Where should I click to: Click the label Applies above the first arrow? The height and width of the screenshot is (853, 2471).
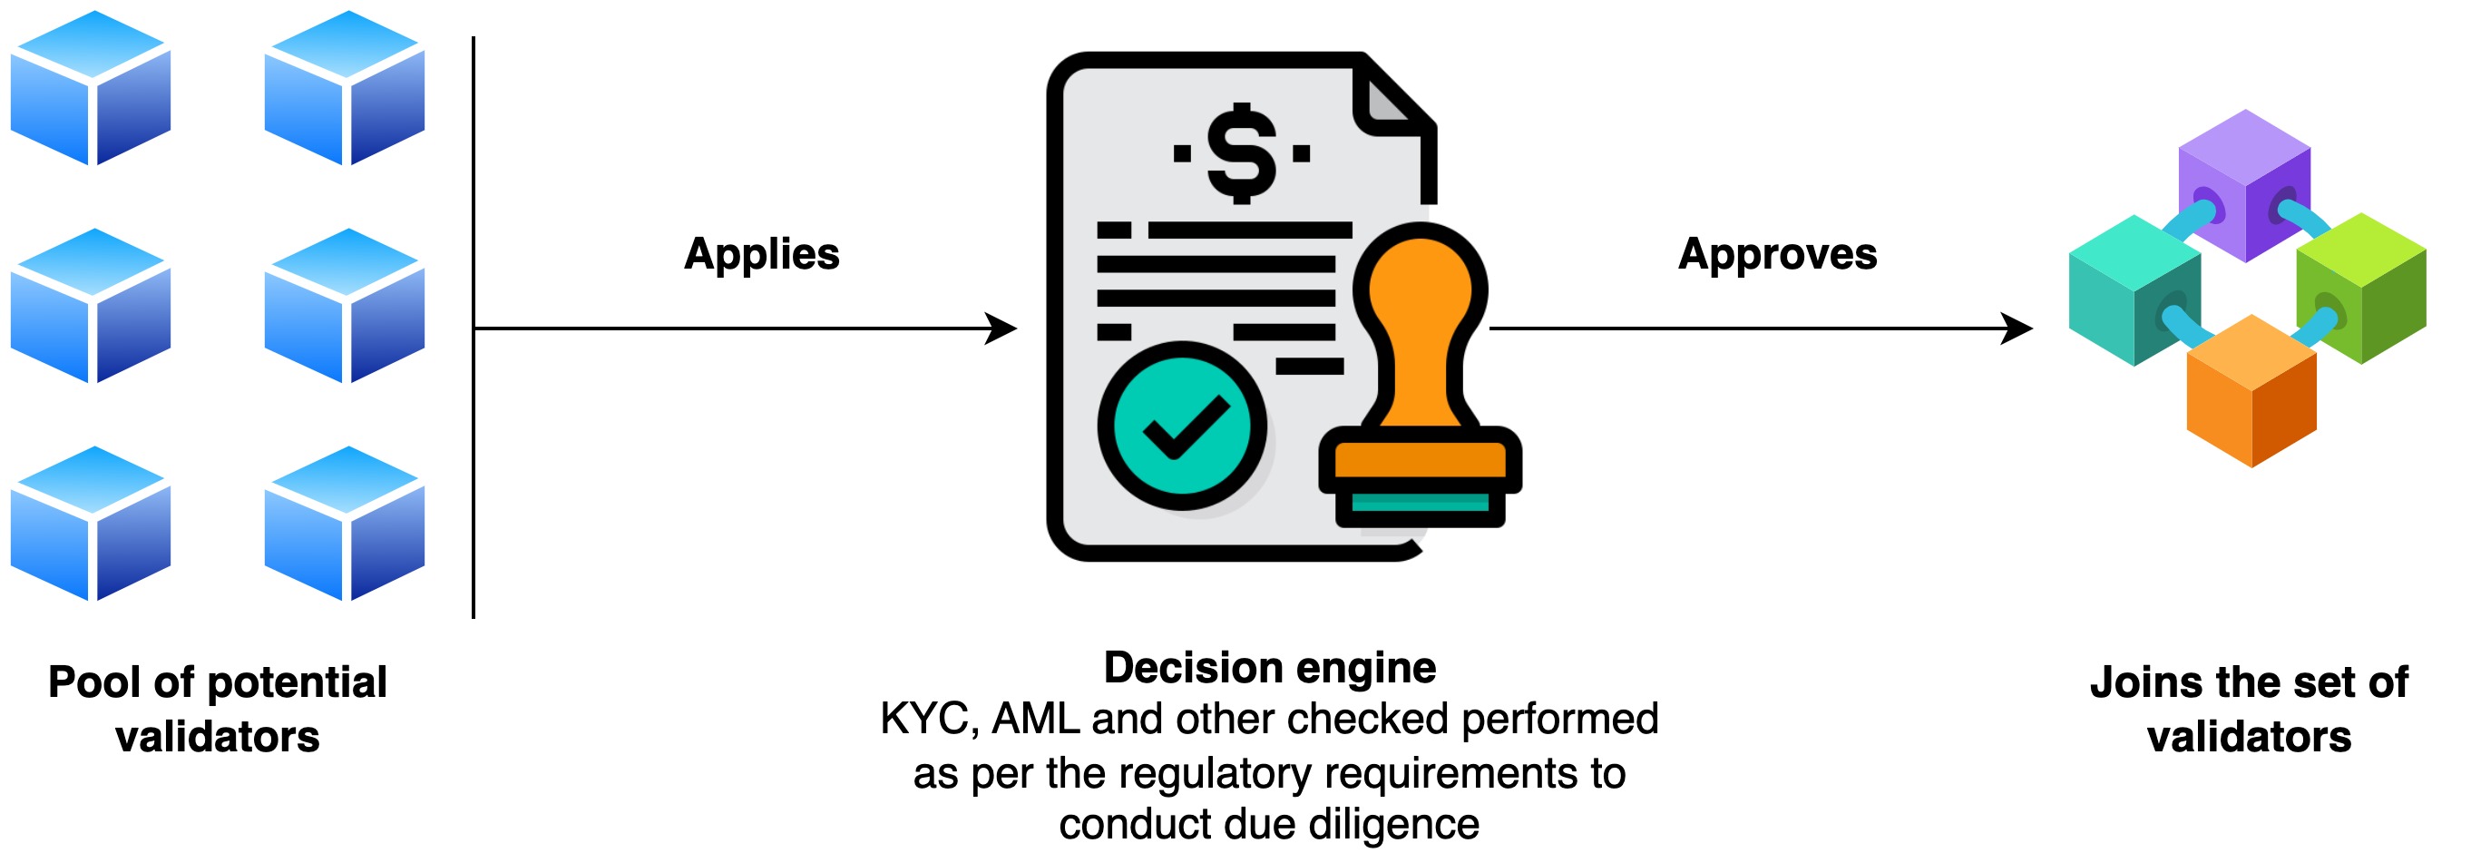(x=762, y=254)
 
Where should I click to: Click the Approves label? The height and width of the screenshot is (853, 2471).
(x=1777, y=254)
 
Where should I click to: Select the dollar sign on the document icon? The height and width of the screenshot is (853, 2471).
(x=1242, y=153)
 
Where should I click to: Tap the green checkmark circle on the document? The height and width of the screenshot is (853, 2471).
(x=1182, y=425)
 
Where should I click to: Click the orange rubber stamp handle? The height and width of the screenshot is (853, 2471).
(x=1420, y=317)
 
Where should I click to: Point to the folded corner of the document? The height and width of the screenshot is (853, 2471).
(x=1386, y=101)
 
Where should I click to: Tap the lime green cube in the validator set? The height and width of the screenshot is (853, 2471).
(x=2361, y=288)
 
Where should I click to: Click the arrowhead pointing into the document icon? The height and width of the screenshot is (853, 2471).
(x=1002, y=328)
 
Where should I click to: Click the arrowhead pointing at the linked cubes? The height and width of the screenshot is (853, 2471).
(x=2017, y=328)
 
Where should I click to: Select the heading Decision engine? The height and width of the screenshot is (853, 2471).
(x=1270, y=668)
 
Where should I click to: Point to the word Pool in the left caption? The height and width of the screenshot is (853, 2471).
(x=94, y=682)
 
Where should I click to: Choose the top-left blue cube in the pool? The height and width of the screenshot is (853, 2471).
(x=91, y=88)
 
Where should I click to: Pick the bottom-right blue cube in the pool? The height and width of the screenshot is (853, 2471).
(x=345, y=524)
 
